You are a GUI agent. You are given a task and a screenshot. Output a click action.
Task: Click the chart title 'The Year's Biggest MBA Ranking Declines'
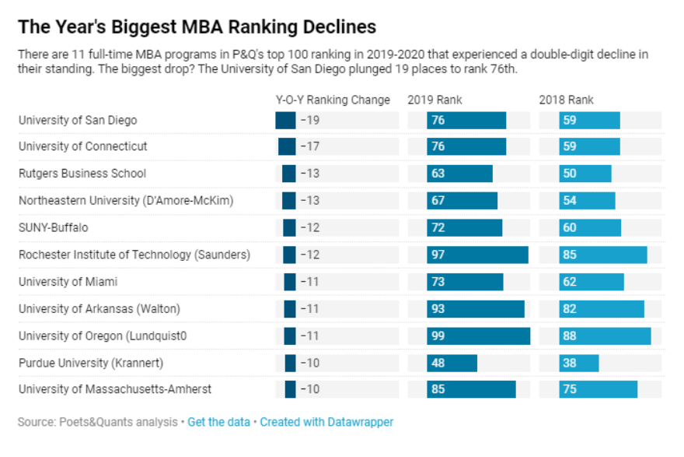pos(197,27)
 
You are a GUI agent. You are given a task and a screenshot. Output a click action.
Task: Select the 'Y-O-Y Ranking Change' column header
pos(333,100)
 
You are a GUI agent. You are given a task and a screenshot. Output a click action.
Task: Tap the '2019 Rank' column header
pos(434,100)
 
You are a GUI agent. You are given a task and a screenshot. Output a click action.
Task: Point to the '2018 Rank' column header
pos(567,100)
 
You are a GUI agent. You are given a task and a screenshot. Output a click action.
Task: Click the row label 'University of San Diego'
pos(78,120)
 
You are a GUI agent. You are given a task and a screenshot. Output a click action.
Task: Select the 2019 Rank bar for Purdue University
pos(452,363)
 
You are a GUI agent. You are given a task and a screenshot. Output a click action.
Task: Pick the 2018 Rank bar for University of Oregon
pos(605,336)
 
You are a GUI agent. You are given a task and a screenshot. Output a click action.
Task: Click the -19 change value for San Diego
pos(310,120)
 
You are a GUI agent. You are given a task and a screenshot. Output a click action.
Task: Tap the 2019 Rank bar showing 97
pos(477,255)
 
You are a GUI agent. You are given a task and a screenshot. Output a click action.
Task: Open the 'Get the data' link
pos(219,422)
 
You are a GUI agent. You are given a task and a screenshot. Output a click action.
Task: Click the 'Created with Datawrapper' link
pos(326,422)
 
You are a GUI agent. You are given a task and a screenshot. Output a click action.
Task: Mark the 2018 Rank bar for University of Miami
pos(591,282)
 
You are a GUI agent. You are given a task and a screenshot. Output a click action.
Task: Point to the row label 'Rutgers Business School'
pos(82,174)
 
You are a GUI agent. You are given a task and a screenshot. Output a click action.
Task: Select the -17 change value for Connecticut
pos(310,146)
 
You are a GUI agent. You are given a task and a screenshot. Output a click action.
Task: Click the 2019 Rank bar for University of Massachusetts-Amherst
pos(471,389)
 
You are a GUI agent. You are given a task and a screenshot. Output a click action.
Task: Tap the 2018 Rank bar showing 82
pos(602,309)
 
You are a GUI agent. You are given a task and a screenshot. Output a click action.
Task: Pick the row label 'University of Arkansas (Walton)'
pos(99,308)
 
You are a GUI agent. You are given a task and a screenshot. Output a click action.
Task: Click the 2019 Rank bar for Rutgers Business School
pos(459,174)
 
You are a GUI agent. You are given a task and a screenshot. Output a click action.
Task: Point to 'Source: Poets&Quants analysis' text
pos(98,422)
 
